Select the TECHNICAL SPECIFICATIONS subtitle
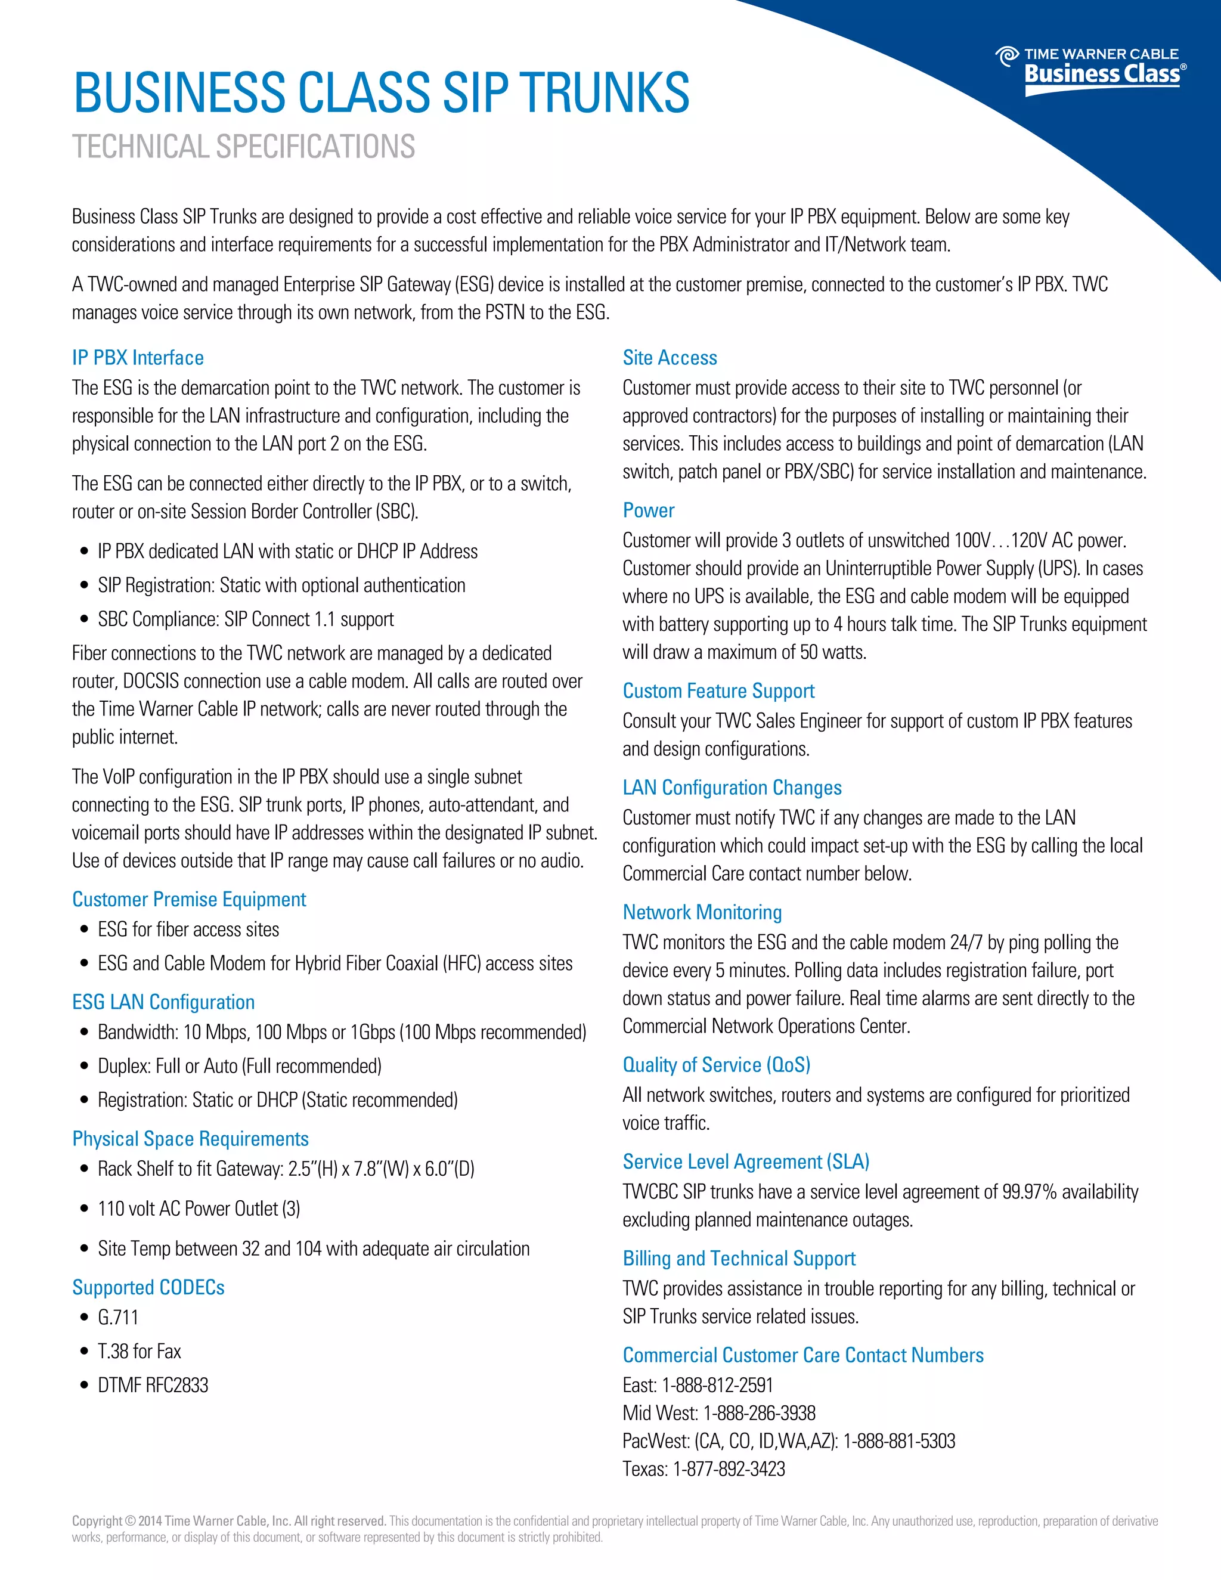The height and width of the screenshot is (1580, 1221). pyautogui.click(x=243, y=147)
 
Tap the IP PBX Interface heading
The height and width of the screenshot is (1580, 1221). pyautogui.click(x=138, y=358)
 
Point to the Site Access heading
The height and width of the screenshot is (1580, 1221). pyautogui.click(x=670, y=358)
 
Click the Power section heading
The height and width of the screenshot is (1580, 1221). pyautogui.click(x=648, y=511)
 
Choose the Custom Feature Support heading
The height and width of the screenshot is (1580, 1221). pyautogui.click(x=718, y=691)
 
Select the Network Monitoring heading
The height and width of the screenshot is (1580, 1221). pyautogui.click(x=702, y=912)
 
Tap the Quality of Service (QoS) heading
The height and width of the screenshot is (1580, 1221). pyautogui.click(x=716, y=1065)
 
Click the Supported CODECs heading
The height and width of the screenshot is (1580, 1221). pyautogui.click(x=148, y=1288)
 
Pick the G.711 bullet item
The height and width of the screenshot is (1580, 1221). pyautogui.click(x=118, y=1318)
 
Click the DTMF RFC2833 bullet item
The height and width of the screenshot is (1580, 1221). pyautogui.click(x=153, y=1386)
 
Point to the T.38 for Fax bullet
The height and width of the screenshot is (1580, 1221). pyautogui.click(x=139, y=1352)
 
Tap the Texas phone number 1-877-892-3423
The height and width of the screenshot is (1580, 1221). pyautogui.click(x=729, y=1469)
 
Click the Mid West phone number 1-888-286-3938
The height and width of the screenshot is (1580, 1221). pyautogui.click(x=759, y=1414)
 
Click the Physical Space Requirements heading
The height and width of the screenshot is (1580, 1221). pyautogui.click(x=190, y=1139)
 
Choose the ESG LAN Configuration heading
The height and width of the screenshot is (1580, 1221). pyautogui.click(x=163, y=1002)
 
